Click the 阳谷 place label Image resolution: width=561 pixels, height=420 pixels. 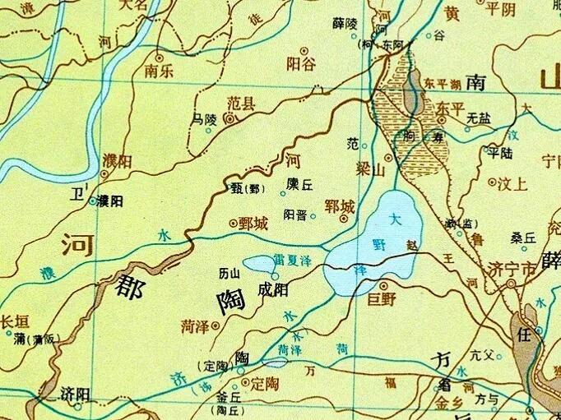301,64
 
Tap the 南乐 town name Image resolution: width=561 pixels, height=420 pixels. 158,71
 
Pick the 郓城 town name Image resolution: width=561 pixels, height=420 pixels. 341,206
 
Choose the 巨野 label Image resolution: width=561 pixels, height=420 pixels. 382,299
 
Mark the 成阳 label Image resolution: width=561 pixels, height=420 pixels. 273,289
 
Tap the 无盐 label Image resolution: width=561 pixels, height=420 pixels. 478,118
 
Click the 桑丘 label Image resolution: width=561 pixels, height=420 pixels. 522,238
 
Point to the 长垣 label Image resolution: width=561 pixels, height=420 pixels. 15,322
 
